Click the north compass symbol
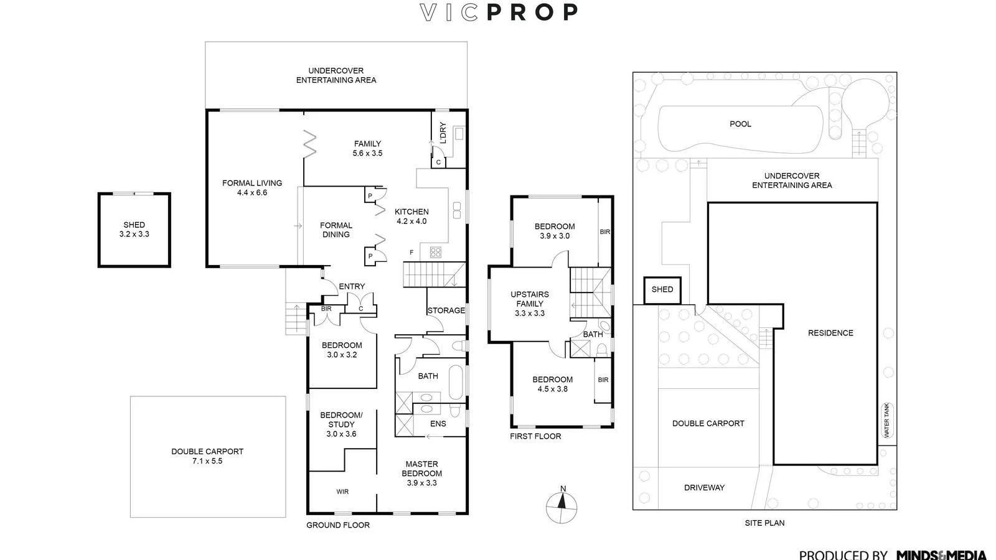click(561, 506)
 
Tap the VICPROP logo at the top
click(498, 12)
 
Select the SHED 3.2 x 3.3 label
click(134, 230)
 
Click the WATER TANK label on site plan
click(887, 420)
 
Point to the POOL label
click(740, 124)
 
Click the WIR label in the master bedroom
click(342, 492)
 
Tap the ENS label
click(438, 424)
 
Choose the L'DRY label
click(443, 133)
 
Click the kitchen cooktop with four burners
click(435, 252)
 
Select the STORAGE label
click(446, 310)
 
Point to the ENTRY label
click(352, 286)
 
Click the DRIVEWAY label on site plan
click(704, 488)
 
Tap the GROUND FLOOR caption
click(338, 525)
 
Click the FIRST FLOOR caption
click(535, 436)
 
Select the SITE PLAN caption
click(764, 523)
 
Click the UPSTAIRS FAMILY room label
click(530, 304)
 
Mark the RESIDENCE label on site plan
click(830, 333)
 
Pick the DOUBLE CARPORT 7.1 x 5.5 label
click(207, 456)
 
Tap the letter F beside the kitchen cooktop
click(411, 252)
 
